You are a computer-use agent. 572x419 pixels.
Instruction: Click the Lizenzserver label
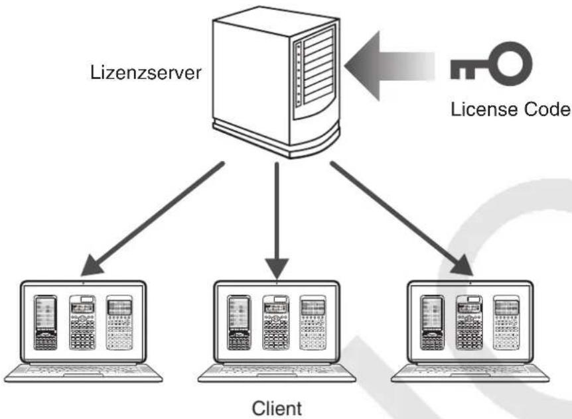coord(145,72)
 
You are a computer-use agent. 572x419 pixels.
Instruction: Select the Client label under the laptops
coord(277,408)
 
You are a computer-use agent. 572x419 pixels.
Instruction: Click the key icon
coord(490,64)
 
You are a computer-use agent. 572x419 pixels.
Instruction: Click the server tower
coord(276,82)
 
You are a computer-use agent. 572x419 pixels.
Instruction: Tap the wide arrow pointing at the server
coord(390,66)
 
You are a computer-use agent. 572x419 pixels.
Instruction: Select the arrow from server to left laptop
coord(153,219)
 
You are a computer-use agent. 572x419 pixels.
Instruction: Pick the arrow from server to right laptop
coord(401,219)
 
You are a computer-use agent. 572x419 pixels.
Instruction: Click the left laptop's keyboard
coord(83,373)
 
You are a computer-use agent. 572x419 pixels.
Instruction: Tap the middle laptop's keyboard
coord(277,373)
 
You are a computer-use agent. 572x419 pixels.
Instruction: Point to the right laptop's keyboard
coord(470,373)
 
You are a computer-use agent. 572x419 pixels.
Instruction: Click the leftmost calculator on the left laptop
coord(46,323)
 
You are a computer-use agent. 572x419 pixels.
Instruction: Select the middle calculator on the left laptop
coord(82,323)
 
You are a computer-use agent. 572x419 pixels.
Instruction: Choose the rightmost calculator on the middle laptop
coord(313,323)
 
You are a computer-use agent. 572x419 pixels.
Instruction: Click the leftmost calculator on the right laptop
coord(432,323)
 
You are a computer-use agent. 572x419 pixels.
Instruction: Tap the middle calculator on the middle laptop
coord(276,323)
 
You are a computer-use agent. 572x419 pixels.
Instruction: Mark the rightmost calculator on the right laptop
coord(506,323)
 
